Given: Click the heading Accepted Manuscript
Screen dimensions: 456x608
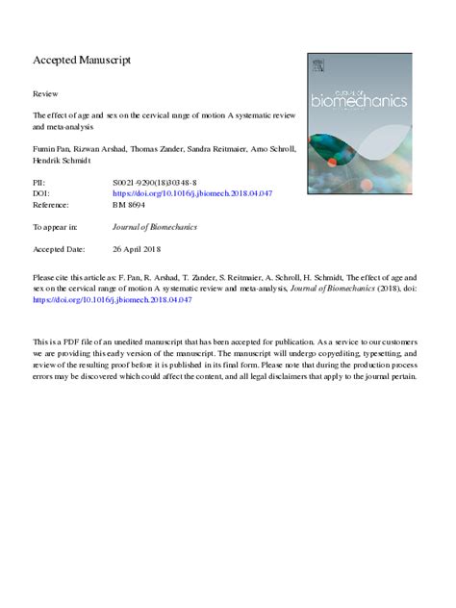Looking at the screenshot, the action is point(82,60).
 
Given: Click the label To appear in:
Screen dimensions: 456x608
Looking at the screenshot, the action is point(55,227).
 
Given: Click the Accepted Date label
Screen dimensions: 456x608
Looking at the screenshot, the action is point(60,250).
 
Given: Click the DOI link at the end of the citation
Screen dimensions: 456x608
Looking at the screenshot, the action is point(114,299).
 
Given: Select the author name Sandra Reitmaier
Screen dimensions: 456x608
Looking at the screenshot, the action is point(223,151).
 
